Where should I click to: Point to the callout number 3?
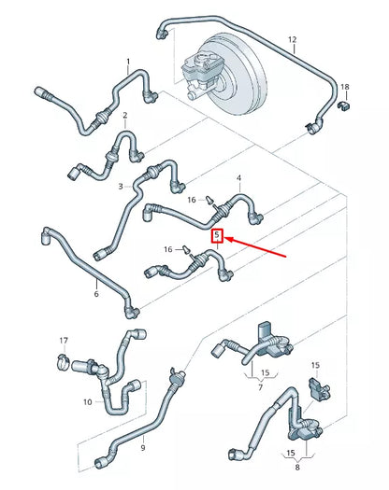[x=120, y=187]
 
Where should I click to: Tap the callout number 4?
[x=238, y=177]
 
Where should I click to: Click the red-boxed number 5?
[x=218, y=235]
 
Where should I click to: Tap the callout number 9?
[x=88, y=402]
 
